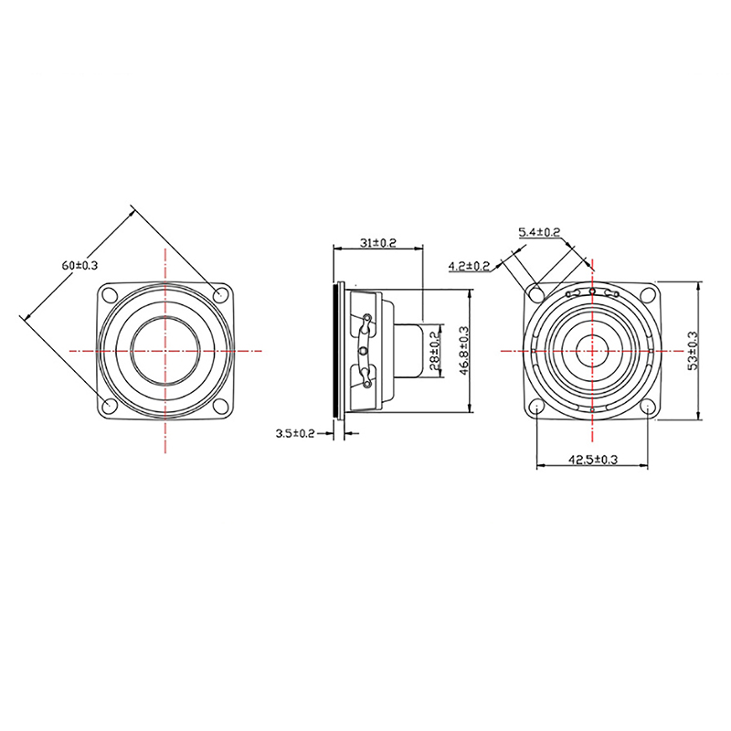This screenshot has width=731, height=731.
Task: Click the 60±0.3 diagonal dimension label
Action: click(x=79, y=265)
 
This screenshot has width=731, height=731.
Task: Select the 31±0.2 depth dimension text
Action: click(x=377, y=243)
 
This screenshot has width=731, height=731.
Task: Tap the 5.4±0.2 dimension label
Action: click(x=539, y=232)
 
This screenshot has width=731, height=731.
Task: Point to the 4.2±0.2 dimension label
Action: click(x=469, y=266)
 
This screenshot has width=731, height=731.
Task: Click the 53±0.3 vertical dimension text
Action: click(x=694, y=350)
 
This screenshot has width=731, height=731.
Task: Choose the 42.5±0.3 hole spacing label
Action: click(x=592, y=460)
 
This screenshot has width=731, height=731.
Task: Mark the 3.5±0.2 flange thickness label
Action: click(x=295, y=433)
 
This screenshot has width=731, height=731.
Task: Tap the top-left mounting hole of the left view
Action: click(x=110, y=294)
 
